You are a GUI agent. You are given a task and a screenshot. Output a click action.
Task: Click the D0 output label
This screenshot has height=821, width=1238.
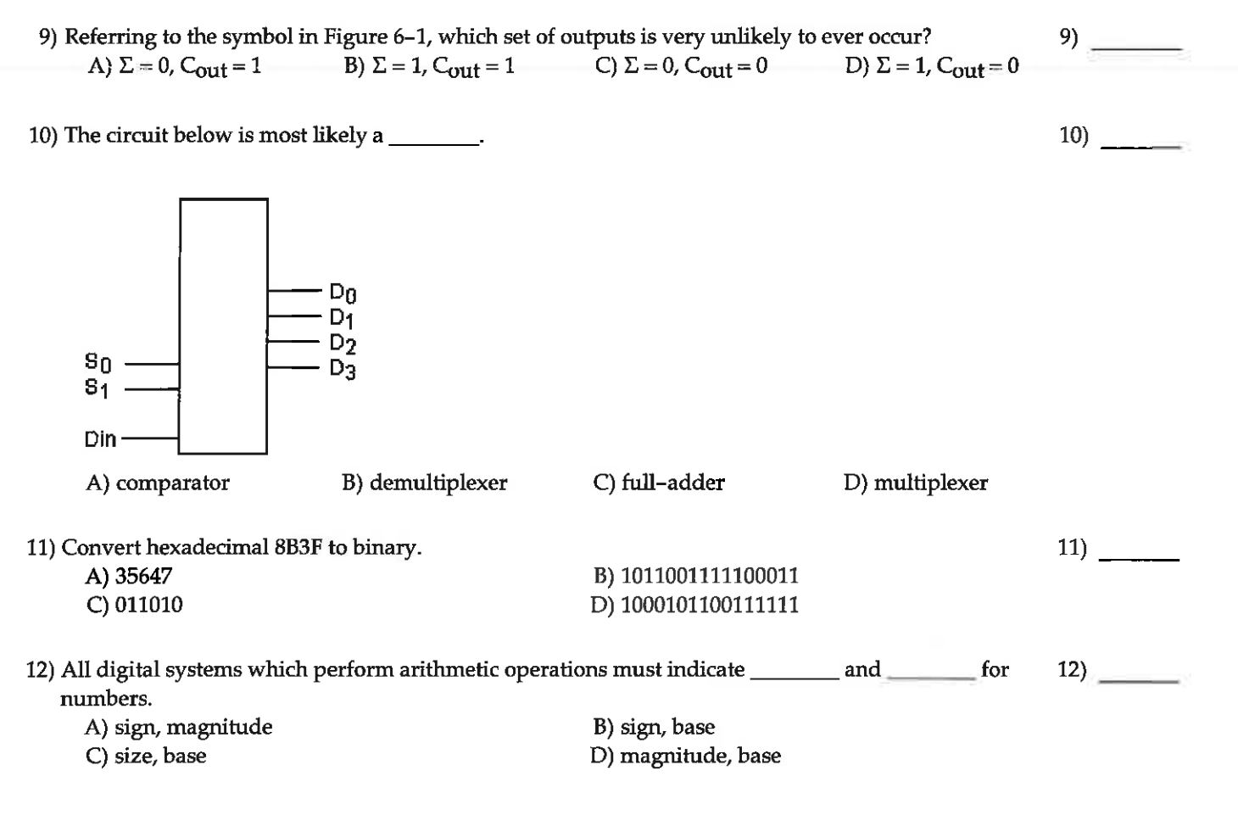343,293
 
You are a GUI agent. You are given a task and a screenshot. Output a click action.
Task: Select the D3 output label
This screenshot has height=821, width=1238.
343,370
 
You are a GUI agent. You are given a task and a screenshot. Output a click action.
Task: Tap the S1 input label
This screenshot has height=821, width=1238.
97,388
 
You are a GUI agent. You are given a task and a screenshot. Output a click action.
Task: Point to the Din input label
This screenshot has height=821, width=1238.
100,439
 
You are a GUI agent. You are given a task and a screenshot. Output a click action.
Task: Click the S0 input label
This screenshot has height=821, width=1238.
98,363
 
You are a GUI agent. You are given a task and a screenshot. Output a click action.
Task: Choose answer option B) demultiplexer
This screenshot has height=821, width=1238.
424,483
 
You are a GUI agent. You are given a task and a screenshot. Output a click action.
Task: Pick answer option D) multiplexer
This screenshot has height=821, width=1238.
916,483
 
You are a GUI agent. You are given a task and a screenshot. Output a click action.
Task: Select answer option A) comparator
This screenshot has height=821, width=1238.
158,483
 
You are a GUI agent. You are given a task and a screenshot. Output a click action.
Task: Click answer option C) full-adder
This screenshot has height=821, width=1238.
659,483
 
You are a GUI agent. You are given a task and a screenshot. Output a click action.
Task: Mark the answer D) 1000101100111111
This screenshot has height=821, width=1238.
694,606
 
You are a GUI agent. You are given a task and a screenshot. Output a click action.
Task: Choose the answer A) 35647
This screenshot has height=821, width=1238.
129,577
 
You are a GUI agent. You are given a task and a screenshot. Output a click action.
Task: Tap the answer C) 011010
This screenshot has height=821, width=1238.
134,606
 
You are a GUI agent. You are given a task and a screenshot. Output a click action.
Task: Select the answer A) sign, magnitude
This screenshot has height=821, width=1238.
179,728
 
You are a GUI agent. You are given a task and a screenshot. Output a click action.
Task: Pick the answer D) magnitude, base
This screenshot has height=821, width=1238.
685,757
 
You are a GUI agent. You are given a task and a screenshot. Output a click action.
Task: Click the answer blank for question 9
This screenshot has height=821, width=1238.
1136,49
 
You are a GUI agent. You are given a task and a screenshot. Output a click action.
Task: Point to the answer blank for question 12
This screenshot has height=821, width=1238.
1138,680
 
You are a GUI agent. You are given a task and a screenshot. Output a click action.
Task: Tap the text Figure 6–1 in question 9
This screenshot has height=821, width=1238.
378,37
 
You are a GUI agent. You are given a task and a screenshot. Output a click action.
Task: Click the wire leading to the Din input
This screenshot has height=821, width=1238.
150,439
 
